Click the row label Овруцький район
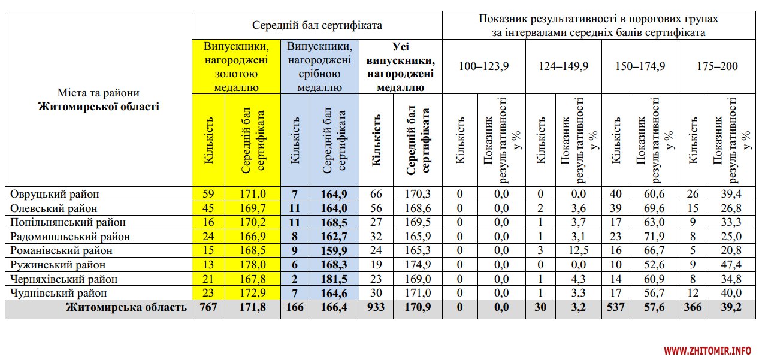pos(54,194)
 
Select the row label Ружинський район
pos(58,265)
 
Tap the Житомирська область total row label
pos(126,308)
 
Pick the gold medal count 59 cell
pos(208,194)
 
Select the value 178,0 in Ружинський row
pos(253,265)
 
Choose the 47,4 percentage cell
pos(731,265)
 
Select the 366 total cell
pos(694,308)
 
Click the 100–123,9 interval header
pos(483,66)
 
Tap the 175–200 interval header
pos(717,66)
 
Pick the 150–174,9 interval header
pos(640,66)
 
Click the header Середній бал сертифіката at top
pos(317,26)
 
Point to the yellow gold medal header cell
pos(236,66)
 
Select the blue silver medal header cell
pos(320,66)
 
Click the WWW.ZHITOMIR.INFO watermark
pos(707,350)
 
